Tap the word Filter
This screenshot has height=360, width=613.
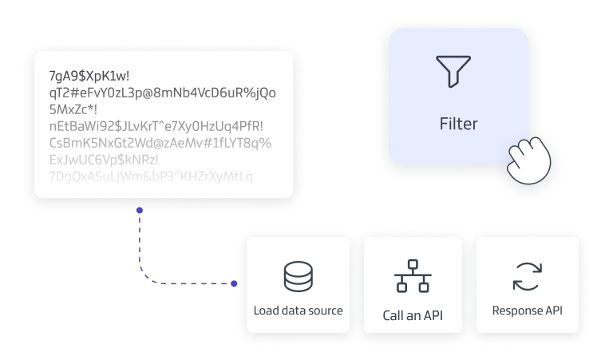tap(458, 124)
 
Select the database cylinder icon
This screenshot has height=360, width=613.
tap(298, 276)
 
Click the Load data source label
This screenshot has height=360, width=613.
tap(298, 311)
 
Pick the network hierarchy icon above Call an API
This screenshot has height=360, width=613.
tap(413, 276)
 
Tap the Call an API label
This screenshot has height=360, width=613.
tap(413, 315)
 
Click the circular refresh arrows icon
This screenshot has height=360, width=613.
tap(527, 276)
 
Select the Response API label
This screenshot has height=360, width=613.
tap(527, 311)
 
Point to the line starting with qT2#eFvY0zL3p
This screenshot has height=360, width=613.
tap(162, 93)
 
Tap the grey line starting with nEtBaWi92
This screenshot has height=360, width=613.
tap(156, 126)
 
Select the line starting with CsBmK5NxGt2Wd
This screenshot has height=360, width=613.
tap(160, 143)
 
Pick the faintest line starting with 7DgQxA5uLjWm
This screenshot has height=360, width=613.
tap(151, 176)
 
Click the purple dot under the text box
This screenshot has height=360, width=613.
tap(140, 210)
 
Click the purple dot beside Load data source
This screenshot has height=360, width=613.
tap(234, 283)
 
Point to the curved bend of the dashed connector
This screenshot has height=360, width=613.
tap(145, 275)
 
